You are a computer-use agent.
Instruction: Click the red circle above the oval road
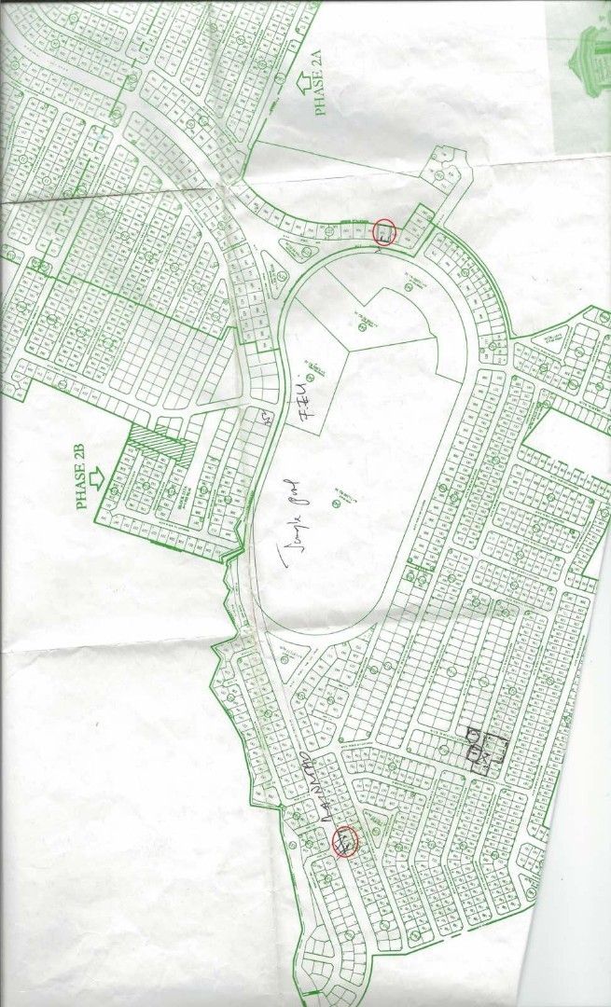pyautogui.click(x=385, y=230)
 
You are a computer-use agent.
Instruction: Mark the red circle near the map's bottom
pyautogui.click(x=345, y=841)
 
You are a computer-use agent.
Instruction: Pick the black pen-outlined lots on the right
pyautogui.click(x=485, y=750)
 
